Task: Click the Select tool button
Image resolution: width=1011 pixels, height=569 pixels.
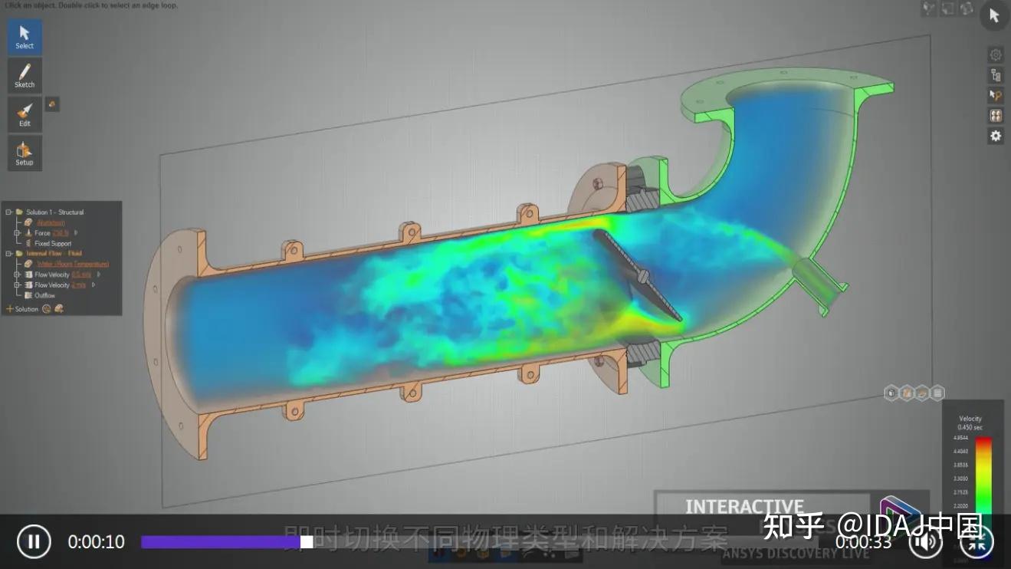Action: click(25, 36)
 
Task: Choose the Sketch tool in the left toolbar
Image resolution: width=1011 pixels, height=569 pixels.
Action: click(25, 75)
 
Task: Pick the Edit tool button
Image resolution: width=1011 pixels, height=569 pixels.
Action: click(25, 114)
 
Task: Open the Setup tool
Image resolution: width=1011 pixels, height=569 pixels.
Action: click(25, 153)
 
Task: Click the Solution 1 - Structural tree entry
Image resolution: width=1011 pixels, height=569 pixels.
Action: click(54, 212)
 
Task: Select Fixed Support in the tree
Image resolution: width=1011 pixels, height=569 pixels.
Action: click(53, 244)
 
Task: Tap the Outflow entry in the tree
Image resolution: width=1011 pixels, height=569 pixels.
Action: click(45, 295)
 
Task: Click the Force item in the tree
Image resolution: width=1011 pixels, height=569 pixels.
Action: click(42, 233)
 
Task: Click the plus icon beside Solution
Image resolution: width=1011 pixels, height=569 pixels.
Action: click(10, 309)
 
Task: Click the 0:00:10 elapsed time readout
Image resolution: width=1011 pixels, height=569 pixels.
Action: click(96, 542)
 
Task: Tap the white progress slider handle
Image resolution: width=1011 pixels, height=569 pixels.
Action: click(306, 542)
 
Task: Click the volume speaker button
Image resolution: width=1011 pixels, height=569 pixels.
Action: click(926, 542)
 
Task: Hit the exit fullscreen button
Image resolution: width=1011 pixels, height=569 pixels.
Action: click(977, 542)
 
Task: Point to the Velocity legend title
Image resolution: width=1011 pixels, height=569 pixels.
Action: click(970, 419)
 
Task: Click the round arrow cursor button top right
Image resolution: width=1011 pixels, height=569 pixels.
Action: click(994, 15)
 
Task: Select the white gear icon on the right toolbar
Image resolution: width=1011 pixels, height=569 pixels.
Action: click(996, 136)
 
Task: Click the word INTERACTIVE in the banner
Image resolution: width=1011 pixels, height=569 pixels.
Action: click(743, 507)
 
